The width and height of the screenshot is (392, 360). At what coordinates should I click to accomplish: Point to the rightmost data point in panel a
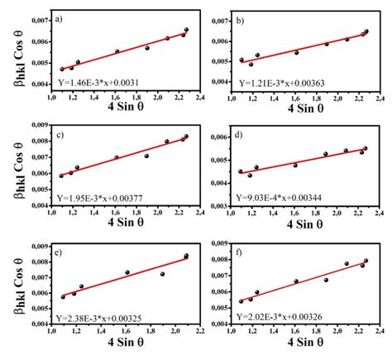[x=186, y=30]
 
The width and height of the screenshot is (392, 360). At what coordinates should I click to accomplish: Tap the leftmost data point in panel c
[x=61, y=175]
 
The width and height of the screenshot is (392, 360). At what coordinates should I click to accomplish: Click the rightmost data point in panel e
[x=186, y=257]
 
